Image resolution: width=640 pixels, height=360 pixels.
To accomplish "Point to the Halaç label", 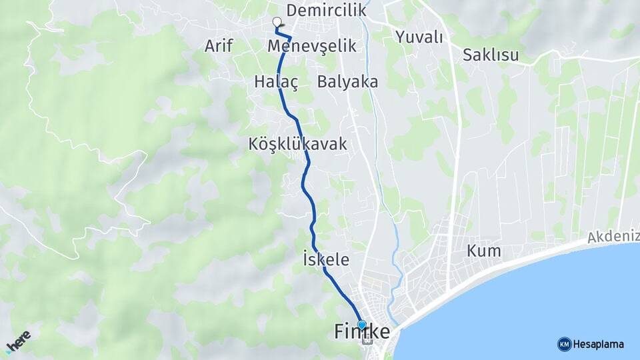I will click(275, 81).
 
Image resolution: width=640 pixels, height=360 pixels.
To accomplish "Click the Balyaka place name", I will click(347, 81).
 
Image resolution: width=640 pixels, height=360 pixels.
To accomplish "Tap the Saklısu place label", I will click(491, 55).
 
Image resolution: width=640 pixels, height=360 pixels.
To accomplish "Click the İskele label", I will click(325, 260).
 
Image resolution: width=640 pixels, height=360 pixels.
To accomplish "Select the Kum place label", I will click(484, 251).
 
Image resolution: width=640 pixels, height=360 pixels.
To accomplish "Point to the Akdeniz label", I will click(613, 237).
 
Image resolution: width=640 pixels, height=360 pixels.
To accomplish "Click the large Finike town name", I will click(361, 332).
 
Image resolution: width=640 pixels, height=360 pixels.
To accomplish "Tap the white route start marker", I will click(277, 22).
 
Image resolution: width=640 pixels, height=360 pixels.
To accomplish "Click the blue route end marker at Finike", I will click(362, 325).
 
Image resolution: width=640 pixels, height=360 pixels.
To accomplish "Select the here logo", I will click(19, 342).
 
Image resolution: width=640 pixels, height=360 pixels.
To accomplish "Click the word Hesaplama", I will click(599, 344).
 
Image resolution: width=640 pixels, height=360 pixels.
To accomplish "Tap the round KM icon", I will click(564, 344).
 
